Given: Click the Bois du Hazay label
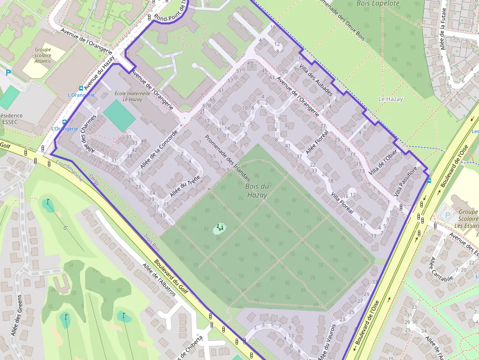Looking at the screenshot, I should (257, 191).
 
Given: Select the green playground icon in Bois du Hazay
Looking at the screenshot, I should (220, 227).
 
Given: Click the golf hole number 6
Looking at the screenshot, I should (65, 228).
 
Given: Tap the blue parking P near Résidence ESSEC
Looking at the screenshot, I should (8, 73).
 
